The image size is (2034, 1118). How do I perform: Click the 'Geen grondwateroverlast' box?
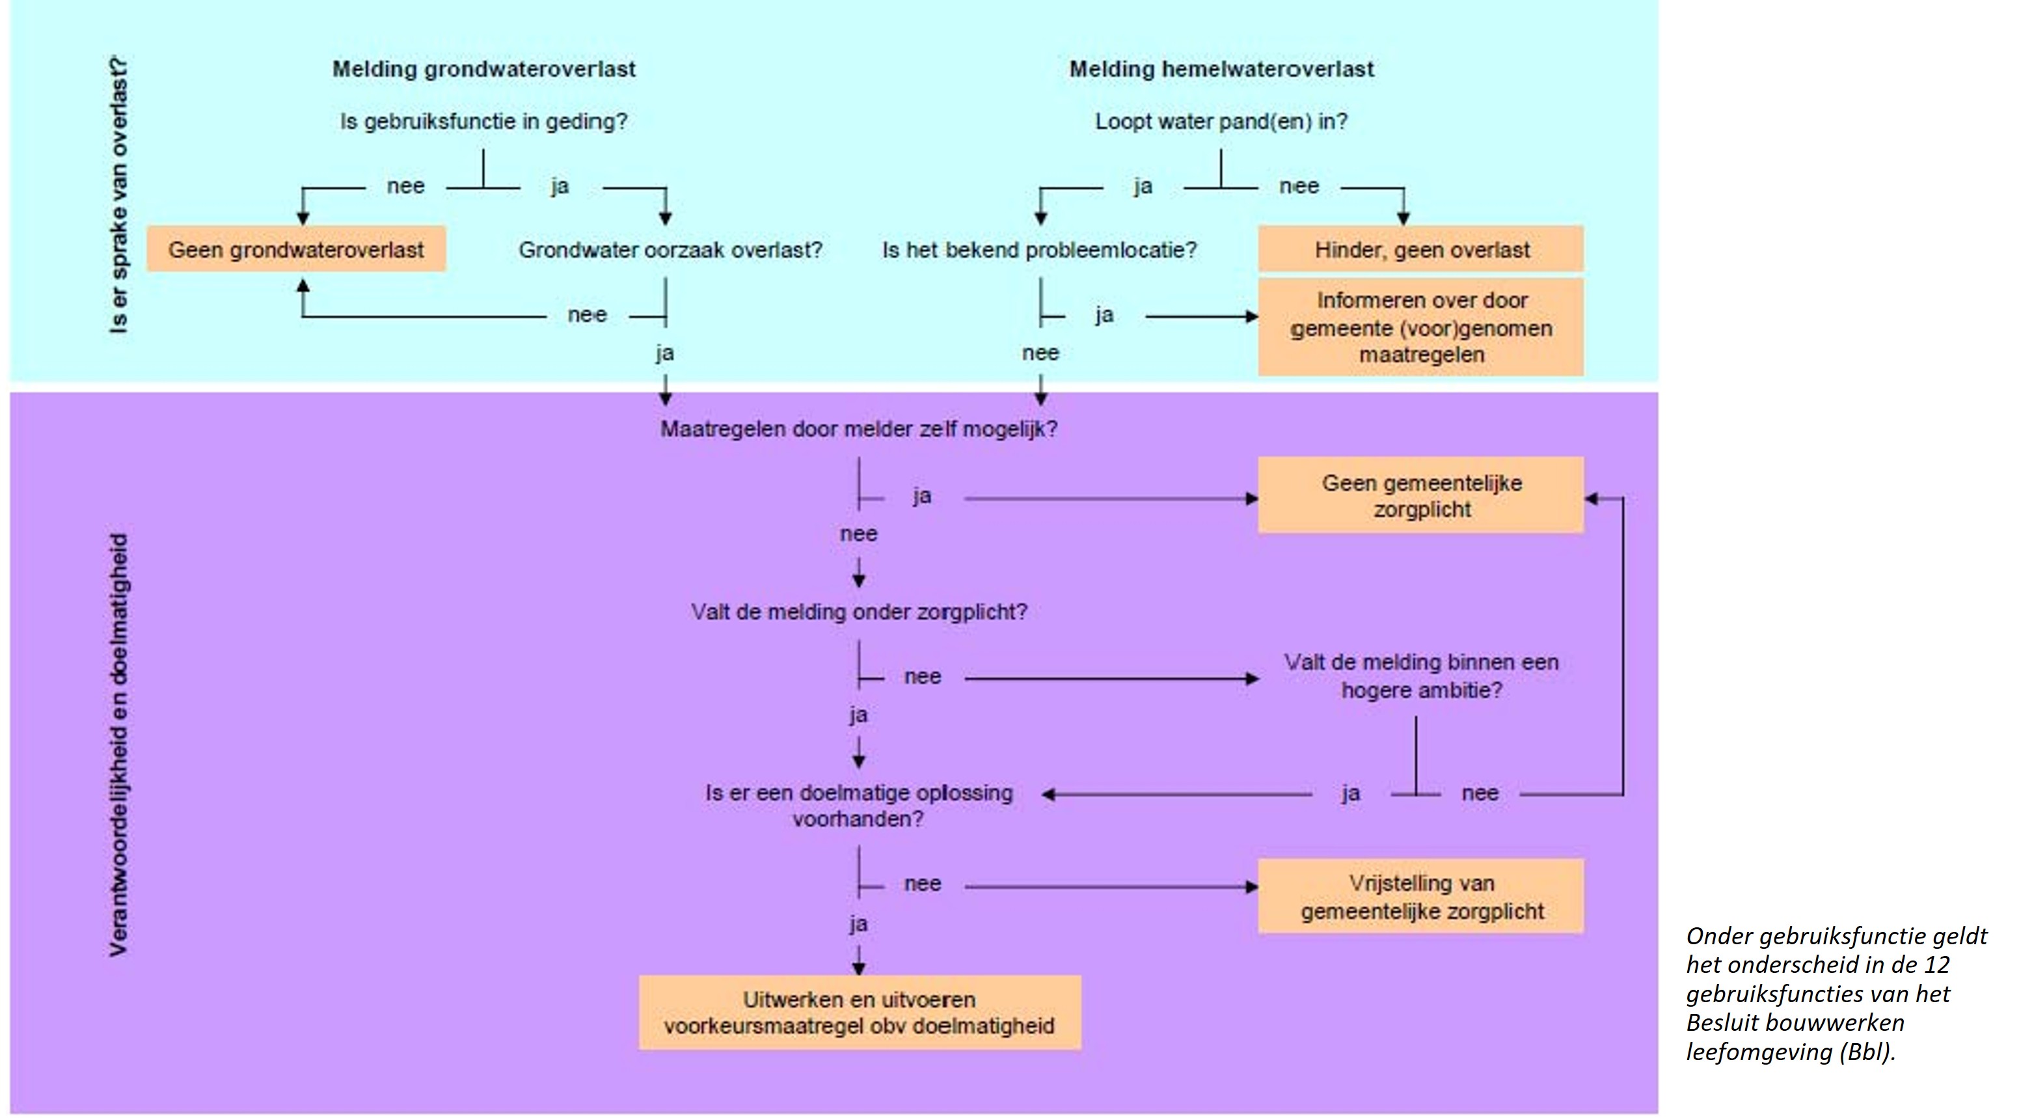point(296,249)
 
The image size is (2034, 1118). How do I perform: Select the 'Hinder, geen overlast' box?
point(1420,249)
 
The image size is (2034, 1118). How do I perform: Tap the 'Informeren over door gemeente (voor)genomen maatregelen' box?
point(1420,327)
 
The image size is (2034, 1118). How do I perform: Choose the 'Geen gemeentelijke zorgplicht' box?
point(1420,496)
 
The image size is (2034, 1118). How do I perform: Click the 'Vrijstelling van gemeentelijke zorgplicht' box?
point(1420,897)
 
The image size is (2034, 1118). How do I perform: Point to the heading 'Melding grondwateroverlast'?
point(484,70)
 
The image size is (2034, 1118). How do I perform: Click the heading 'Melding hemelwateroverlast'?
point(1221,70)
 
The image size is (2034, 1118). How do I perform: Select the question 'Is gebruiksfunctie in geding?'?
point(484,122)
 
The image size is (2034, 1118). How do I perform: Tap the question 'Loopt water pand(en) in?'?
point(1221,122)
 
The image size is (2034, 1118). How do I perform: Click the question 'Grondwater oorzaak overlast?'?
point(670,251)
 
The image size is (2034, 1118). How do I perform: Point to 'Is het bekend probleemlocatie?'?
point(1040,251)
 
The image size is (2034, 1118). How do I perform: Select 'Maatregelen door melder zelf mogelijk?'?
point(859,429)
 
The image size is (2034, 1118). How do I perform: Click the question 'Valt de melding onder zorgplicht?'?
point(859,612)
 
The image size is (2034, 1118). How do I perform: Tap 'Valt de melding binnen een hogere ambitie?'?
point(1421,676)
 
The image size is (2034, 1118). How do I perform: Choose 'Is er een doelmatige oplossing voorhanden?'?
point(859,806)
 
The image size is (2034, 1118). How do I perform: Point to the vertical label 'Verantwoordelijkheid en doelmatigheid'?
point(118,745)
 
